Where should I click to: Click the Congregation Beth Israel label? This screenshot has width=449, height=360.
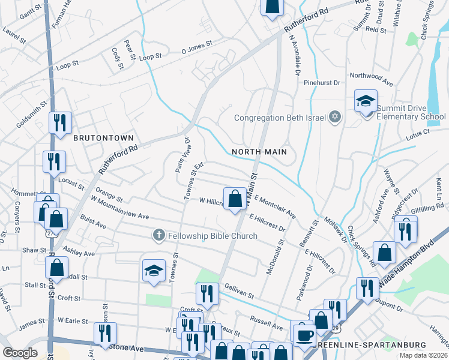pos(279,117)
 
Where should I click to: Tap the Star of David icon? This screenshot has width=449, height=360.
pos(336,117)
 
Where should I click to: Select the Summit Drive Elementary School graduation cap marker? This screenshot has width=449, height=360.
pos(365,101)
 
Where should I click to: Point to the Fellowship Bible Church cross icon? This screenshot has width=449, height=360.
pos(158,235)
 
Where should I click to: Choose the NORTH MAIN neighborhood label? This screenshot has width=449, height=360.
pos(259,152)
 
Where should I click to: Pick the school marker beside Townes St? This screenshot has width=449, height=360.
pos(154,271)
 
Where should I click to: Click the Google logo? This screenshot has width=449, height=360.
pos(20,353)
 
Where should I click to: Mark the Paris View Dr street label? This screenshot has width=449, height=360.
pos(182,155)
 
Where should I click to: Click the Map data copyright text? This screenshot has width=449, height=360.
pos(423,355)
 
